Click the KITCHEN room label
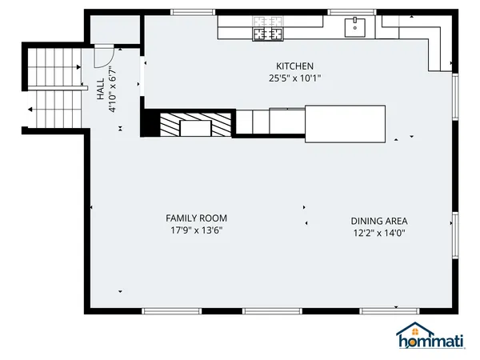pos(294,66)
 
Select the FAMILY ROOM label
pos(196,218)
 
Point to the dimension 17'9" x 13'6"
pos(196,230)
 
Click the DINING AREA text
pos(379,222)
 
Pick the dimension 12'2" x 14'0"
pos(379,234)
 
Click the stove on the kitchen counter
pos(269,33)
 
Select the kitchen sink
pos(354,28)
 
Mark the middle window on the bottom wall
pos(266,310)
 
